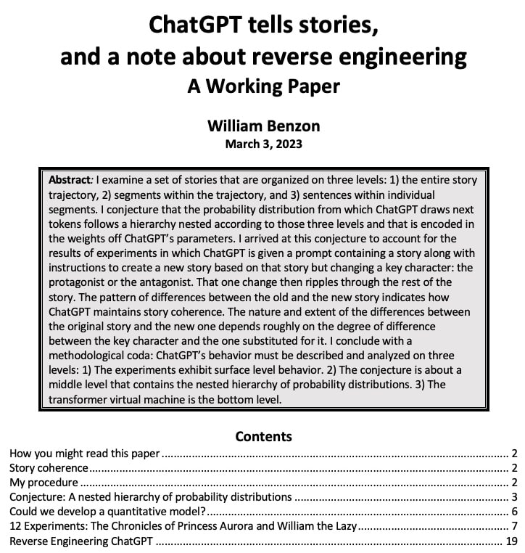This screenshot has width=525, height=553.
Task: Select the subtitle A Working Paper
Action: coord(263,86)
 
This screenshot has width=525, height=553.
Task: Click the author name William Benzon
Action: coord(263,125)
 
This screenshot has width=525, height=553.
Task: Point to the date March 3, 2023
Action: coord(263,143)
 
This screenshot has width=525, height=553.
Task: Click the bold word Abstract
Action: coord(70,179)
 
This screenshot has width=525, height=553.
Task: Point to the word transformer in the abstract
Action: coord(80,400)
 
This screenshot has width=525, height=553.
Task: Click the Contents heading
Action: coord(263,436)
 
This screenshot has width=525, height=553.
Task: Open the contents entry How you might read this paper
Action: coord(84,454)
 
